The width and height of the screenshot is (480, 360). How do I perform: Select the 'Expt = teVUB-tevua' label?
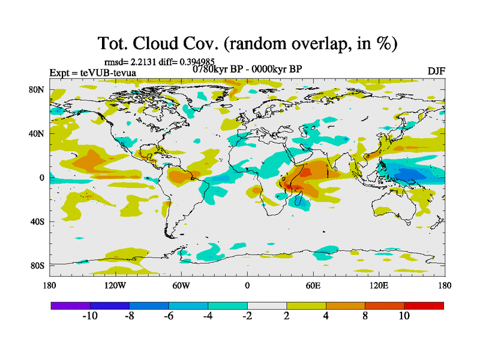click(92, 73)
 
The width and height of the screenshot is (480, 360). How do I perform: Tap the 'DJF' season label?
click(436, 71)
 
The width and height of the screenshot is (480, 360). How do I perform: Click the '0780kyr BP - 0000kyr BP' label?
click(247, 68)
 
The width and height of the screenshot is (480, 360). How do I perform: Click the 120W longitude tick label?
click(115, 286)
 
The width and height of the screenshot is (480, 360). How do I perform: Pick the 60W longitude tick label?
click(181, 286)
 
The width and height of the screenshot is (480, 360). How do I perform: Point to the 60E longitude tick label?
click(313, 286)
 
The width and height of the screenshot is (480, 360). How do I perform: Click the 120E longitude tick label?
click(379, 286)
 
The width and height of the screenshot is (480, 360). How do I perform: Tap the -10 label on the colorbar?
click(90, 316)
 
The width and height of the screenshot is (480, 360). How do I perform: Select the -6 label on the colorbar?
click(169, 316)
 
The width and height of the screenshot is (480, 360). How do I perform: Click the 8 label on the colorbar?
click(365, 316)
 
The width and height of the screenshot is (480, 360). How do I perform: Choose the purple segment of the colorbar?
click(70, 305)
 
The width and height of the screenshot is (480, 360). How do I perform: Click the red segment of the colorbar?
click(424, 305)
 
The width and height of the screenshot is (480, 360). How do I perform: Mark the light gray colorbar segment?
click(267, 305)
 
